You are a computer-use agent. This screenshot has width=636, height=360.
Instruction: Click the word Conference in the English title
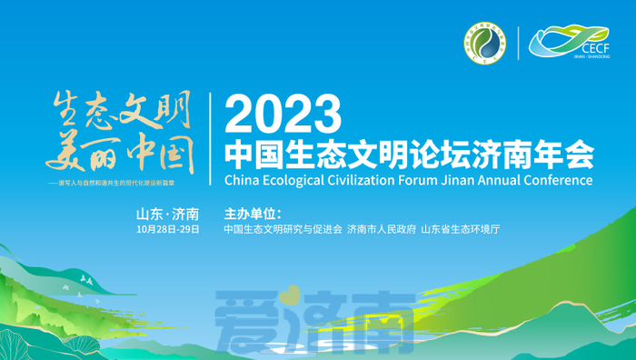coord(558,180)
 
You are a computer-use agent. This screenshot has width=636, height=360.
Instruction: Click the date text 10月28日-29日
coord(168,229)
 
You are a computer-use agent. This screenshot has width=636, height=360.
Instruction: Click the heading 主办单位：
coord(252,215)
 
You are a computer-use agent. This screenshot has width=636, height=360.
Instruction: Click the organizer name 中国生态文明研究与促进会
coord(283,229)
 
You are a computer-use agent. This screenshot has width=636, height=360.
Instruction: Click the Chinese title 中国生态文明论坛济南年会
coord(408,150)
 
